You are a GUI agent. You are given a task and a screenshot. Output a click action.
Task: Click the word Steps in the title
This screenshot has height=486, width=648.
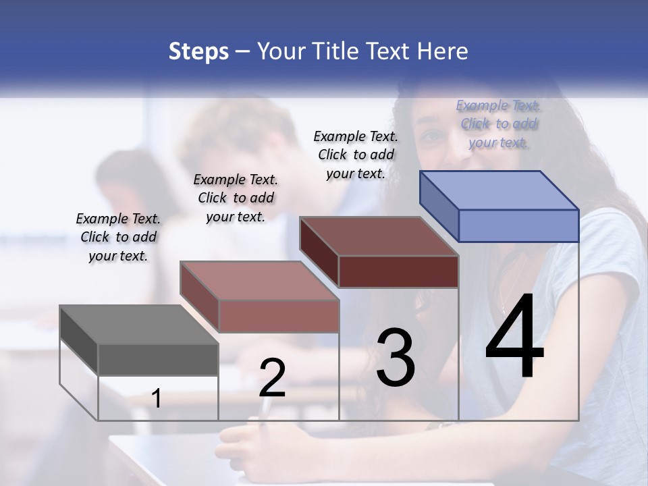point(198,51)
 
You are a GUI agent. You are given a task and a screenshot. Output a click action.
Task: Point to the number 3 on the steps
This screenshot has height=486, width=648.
point(396,358)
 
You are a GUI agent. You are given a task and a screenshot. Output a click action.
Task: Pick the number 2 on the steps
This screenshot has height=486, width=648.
point(273,378)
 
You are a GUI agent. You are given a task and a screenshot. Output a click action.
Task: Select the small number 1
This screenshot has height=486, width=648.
point(157,398)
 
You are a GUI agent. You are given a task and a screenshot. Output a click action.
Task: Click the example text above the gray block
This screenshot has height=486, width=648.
point(118,237)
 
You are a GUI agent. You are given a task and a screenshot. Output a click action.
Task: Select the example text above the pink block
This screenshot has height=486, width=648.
point(236,198)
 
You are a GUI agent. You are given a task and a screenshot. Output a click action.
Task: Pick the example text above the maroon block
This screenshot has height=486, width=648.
point(356,155)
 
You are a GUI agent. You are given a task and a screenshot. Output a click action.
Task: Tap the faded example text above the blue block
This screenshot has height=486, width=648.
point(498,124)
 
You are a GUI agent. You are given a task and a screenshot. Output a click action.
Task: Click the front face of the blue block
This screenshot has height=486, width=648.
point(518,225)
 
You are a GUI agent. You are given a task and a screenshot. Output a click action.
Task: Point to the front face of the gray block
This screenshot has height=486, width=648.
point(158,359)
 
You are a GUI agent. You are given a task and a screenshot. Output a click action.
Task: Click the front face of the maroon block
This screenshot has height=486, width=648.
point(398,271)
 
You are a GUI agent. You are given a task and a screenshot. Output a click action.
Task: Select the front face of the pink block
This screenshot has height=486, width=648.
point(279,316)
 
